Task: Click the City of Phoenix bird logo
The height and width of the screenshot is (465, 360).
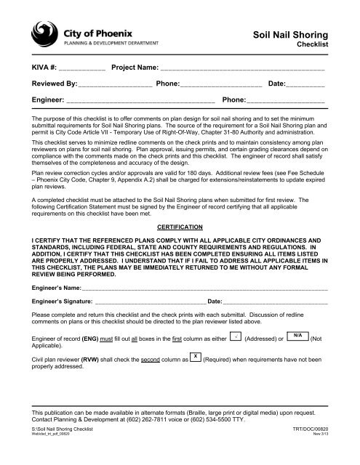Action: (x=46, y=33)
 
